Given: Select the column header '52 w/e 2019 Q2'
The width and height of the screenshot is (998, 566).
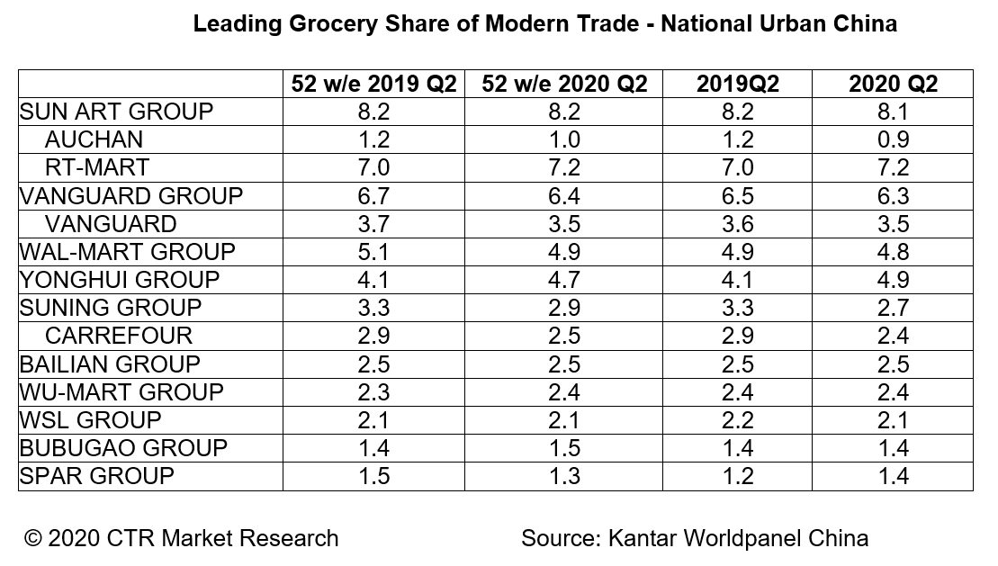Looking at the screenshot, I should point(374,84).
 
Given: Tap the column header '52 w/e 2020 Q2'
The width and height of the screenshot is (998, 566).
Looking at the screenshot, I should point(565,84).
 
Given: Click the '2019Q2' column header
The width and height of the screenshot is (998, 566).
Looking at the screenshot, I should point(738,84).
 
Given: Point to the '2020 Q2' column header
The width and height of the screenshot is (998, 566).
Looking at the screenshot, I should point(893,84).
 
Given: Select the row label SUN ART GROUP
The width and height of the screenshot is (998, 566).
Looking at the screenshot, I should point(117,112).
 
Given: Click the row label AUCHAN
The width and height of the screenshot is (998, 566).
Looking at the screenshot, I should point(94,139).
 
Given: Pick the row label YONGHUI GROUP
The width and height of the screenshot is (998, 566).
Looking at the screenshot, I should point(120,280).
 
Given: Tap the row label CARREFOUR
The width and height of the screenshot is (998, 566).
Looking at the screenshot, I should point(119,336).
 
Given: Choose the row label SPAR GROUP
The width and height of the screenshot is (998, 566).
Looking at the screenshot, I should point(97,476).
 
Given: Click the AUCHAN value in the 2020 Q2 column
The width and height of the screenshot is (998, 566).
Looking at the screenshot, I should point(893,139).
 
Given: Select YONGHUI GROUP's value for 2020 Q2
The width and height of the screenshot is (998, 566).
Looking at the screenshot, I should point(893,280).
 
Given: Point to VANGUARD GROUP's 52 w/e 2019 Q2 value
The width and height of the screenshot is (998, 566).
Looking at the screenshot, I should point(374,196).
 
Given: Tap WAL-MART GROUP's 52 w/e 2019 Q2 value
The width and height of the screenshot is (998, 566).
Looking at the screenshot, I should point(374,252).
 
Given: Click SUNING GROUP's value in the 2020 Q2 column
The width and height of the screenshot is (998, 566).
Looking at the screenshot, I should point(893,308).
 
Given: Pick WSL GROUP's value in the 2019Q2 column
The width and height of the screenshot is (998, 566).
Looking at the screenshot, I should point(738,420).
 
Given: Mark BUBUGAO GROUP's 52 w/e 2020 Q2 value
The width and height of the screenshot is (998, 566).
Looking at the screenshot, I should point(565,448).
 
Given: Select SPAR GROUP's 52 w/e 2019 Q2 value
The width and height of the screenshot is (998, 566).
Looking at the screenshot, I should point(374,476).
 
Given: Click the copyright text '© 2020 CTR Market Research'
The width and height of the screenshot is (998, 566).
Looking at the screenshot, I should point(182,538).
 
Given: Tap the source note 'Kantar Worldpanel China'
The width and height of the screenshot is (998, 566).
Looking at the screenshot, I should point(738,538).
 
